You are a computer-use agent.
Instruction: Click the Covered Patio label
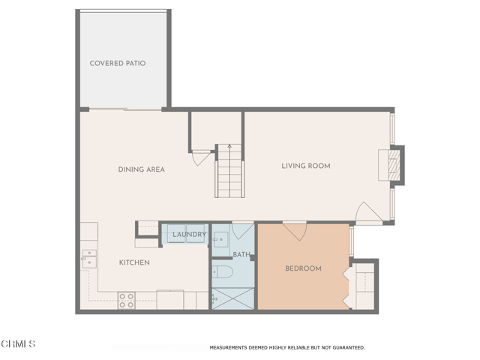point(117,64)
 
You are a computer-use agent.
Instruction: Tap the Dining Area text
point(141,169)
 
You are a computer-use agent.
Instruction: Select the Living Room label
point(305,166)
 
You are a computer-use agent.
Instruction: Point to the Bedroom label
point(303,268)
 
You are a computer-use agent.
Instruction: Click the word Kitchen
point(134,262)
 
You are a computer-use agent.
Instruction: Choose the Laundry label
point(189,235)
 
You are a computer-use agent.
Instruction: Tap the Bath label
point(241,255)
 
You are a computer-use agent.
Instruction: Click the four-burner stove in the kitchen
point(126,301)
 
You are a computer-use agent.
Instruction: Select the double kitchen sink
point(89,257)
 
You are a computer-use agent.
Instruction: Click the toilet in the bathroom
point(223,270)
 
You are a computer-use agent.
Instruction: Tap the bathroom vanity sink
point(221,240)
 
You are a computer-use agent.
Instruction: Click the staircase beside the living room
point(229,171)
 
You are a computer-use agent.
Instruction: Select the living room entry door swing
point(369,213)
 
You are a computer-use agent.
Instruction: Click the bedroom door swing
point(294,231)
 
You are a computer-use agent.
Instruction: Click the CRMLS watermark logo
point(19,344)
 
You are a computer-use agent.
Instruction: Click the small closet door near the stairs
point(201,158)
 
